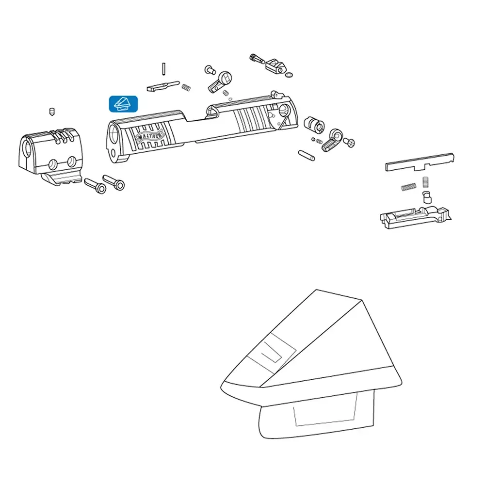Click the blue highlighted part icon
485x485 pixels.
click(x=123, y=104)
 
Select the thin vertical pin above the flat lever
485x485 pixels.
click(x=163, y=69)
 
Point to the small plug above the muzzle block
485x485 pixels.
click(x=52, y=112)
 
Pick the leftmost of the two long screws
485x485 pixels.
click(x=95, y=186)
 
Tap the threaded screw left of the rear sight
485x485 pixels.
click(x=257, y=59)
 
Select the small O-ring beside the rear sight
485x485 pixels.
click(x=289, y=75)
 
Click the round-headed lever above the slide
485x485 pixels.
click(x=220, y=82)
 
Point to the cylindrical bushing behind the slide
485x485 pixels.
click(x=314, y=124)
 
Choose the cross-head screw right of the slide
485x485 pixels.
click(x=349, y=142)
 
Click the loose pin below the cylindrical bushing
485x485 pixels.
click(x=307, y=155)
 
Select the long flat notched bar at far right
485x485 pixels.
click(x=420, y=162)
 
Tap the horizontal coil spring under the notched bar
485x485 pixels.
click(x=408, y=187)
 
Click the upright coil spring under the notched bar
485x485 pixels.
click(x=426, y=182)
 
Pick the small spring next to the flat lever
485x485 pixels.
click(x=186, y=88)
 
